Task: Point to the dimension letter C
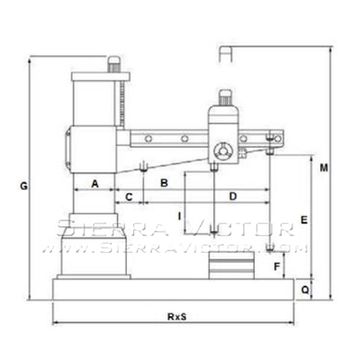tap(130, 196)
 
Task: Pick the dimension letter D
tap(232, 195)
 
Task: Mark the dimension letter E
tap(304, 220)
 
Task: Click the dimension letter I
tap(180, 216)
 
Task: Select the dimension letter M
tap(323, 167)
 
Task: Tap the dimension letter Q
tap(304, 290)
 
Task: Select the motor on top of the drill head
tap(224, 95)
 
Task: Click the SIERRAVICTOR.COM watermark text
tap(180, 243)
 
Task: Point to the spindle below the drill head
tap(213, 166)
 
